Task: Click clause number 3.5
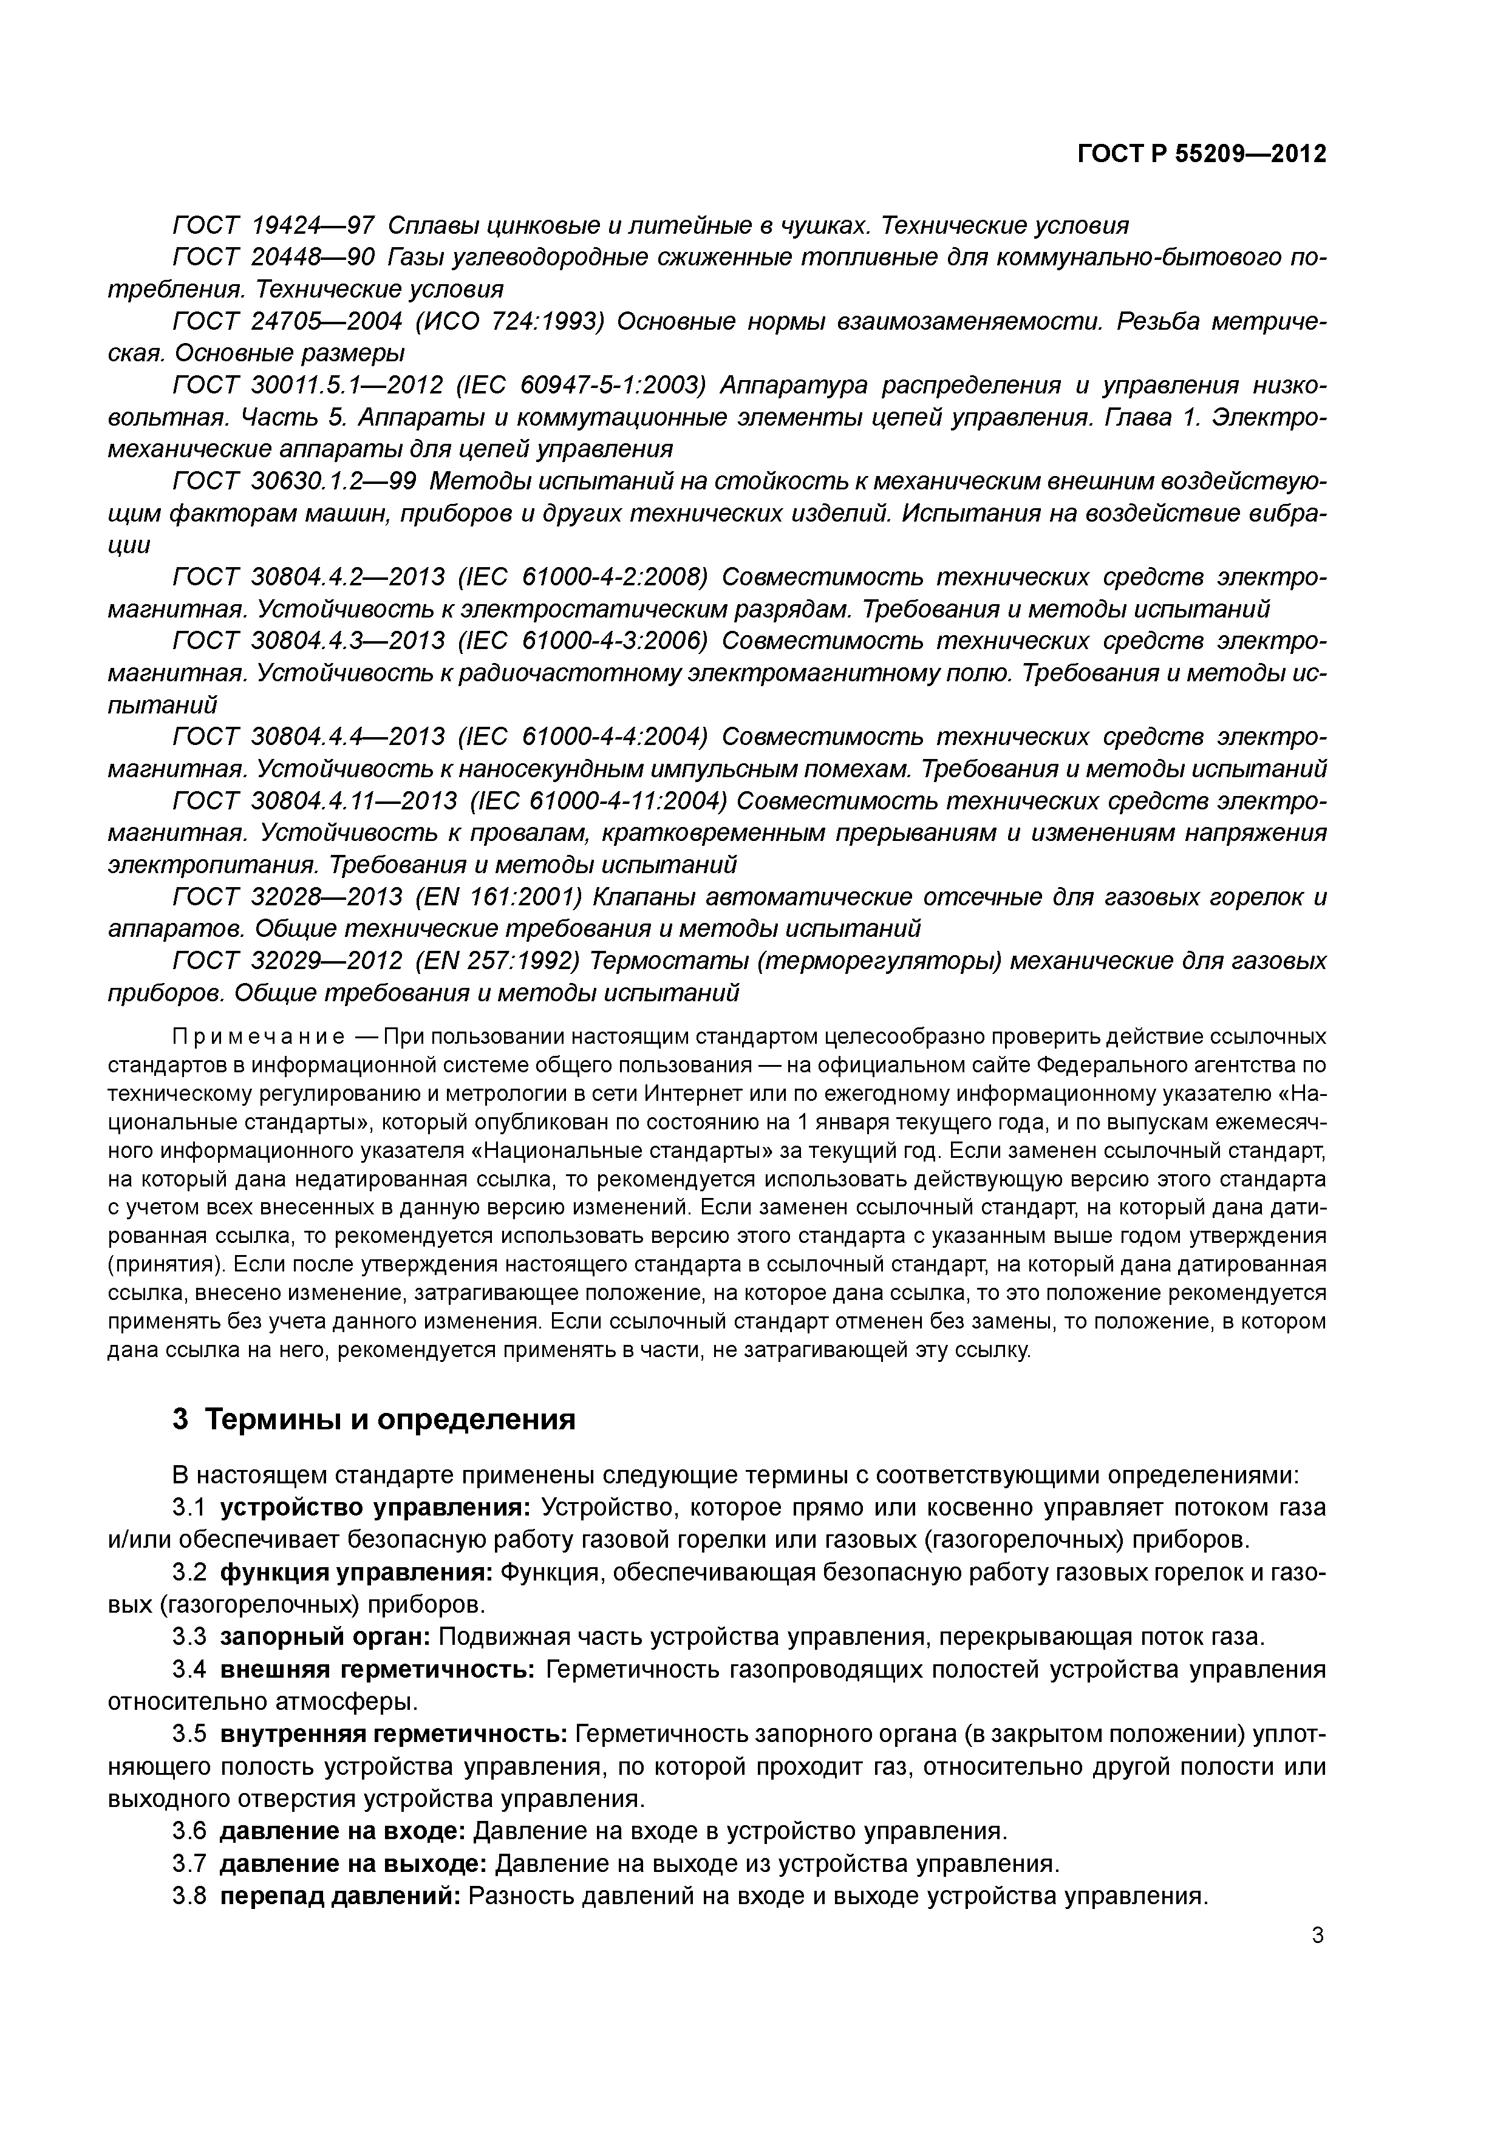tap(189, 1734)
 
